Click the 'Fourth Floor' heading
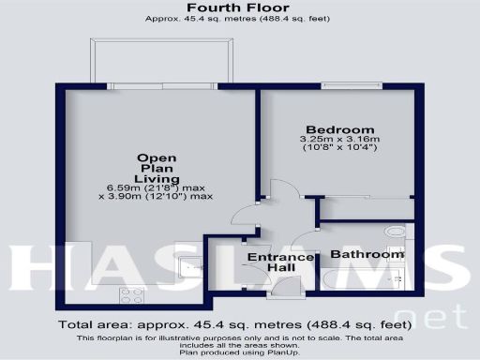(x=239, y=7)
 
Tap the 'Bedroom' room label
(x=339, y=129)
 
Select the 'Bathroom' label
(x=367, y=254)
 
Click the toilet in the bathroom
(x=397, y=277)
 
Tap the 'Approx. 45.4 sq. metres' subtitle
(x=239, y=20)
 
